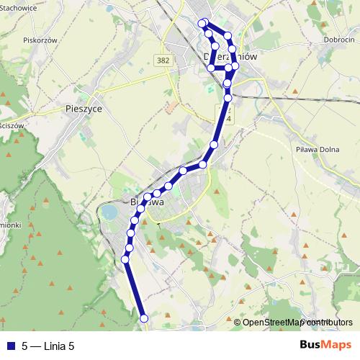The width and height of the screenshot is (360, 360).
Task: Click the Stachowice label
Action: (x=19, y=8)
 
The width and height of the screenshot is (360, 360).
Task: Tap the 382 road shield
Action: (x=163, y=61)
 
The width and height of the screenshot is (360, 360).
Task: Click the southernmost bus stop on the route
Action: (x=143, y=318)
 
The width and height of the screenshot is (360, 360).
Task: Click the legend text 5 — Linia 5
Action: (x=48, y=345)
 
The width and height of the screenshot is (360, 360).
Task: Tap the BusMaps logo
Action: (x=325, y=344)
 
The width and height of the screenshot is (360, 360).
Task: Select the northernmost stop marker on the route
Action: (x=204, y=22)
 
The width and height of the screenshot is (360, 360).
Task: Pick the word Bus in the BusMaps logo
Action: (x=311, y=344)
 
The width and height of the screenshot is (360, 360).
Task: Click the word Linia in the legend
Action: (x=54, y=345)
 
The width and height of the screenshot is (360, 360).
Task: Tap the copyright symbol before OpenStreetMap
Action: (x=238, y=323)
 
